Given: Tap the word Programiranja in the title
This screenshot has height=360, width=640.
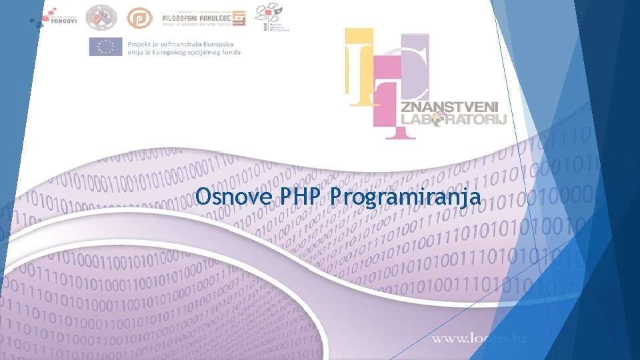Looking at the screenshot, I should click(x=406, y=198).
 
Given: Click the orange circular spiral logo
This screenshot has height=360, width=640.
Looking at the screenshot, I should click(x=140, y=18).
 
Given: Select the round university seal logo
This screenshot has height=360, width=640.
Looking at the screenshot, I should click(x=101, y=17).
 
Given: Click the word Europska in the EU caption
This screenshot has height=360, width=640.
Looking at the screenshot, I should click(x=221, y=42).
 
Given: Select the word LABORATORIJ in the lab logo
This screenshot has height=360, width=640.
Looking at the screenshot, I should click(x=453, y=119).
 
